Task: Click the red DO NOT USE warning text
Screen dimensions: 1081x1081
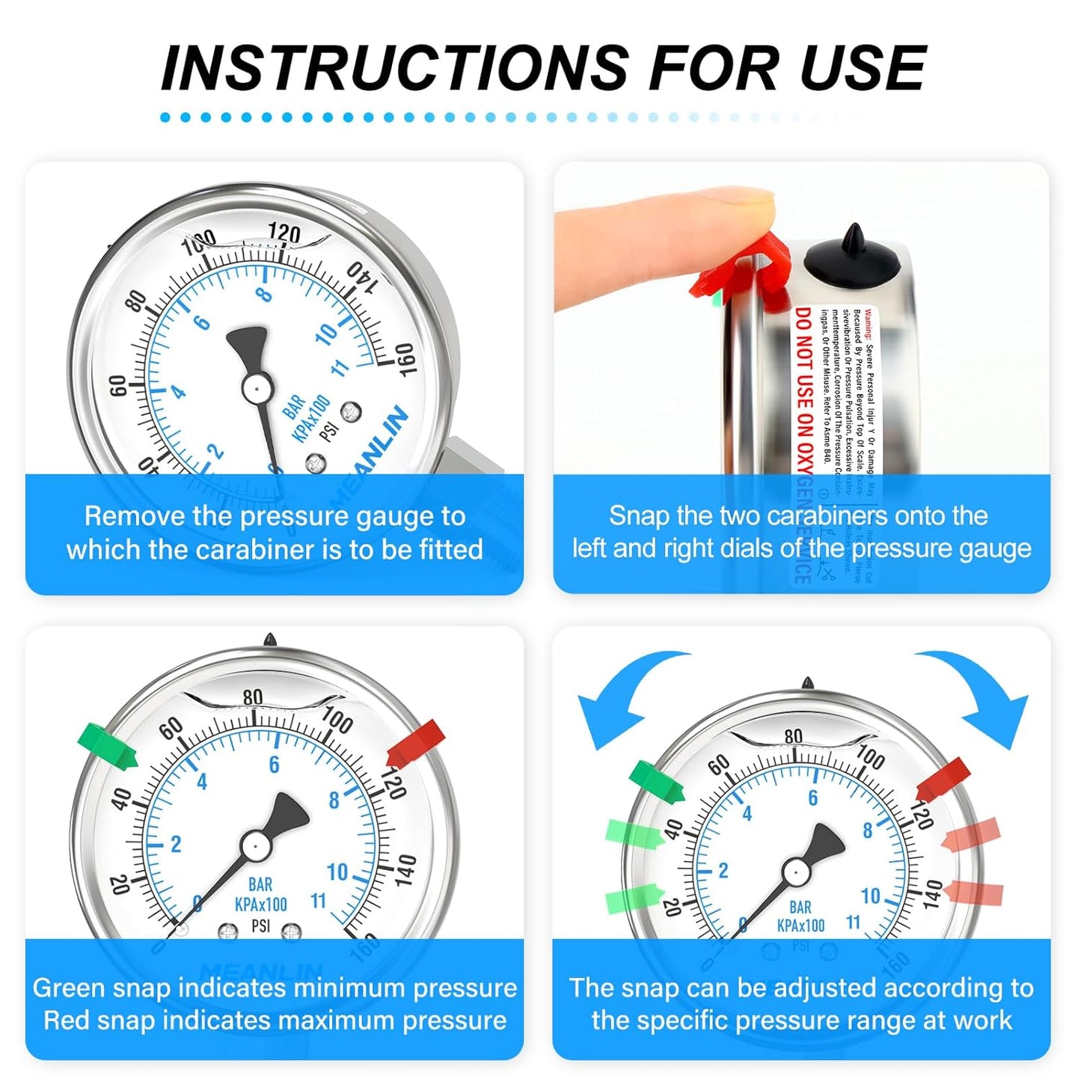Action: tap(803, 389)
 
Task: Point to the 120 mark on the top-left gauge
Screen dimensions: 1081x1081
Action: tap(284, 233)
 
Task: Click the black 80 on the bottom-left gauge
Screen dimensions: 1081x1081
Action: tap(253, 697)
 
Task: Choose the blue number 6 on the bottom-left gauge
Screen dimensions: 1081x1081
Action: tap(274, 765)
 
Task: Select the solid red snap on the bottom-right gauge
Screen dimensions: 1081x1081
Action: tap(943, 779)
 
